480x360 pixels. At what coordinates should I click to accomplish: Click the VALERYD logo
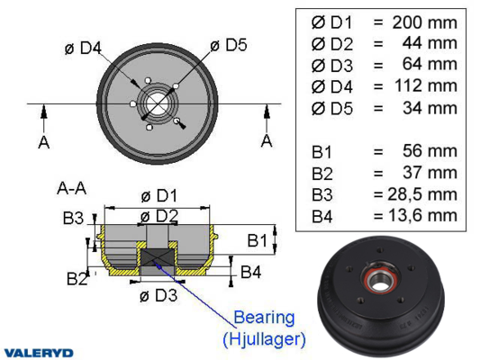[x=39, y=353]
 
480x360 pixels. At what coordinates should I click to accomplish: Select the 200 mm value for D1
[x=424, y=22]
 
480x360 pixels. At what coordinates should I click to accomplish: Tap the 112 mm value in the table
[x=426, y=85]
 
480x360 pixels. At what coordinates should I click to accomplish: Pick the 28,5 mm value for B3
[x=422, y=194]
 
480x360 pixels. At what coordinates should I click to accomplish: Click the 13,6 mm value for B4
[x=422, y=215]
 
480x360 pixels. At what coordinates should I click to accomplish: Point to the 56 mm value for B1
[x=430, y=151]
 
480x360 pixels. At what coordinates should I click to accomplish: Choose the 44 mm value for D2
[x=430, y=43]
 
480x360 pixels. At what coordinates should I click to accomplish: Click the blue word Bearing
[x=264, y=319]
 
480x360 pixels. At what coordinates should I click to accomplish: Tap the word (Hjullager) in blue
[x=264, y=339]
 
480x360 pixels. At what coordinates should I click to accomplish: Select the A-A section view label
[x=72, y=188]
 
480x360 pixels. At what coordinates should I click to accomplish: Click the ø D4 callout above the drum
[x=83, y=48]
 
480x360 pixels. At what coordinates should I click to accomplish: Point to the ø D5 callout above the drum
[x=229, y=45]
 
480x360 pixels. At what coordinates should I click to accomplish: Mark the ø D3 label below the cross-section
[x=158, y=295]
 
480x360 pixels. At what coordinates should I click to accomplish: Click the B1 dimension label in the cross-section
[x=258, y=240]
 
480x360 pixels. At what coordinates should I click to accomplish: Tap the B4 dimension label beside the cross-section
[x=250, y=272]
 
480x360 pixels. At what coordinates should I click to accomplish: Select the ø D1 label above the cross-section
[x=159, y=196]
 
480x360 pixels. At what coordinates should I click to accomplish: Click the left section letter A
[x=44, y=142]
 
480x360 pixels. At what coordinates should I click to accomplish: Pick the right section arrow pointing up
[x=267, y=119]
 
